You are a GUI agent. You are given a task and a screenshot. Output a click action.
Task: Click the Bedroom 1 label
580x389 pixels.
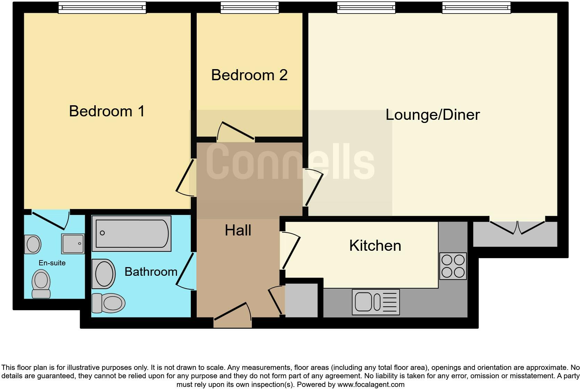click(x=107, y=111)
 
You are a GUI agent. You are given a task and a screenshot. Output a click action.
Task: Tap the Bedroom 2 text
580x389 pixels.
click(x=249, y=75)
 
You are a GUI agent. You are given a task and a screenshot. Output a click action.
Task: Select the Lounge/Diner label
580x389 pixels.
click(x=433, y=115)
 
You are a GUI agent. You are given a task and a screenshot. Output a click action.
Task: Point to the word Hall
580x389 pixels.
click(x=238, y=230)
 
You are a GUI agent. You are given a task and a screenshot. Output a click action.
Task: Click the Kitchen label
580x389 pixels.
click(x=375, y=246)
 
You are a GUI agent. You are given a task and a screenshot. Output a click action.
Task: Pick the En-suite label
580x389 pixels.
click(x=52, y=263)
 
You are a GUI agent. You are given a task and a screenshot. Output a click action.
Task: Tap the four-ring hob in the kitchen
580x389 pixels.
click(x=453, y=266)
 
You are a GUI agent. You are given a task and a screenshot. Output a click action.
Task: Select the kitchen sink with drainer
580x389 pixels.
click(x=376, y=302)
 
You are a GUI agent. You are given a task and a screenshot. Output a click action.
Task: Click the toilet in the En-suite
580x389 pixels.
click(x=41, y=284)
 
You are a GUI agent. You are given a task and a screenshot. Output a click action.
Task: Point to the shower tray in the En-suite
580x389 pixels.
click(x=73, y=243)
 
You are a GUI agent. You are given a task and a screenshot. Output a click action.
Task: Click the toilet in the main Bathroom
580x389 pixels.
click(x=109, y=303)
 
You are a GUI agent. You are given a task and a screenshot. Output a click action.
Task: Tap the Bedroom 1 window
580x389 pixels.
click(x=102, y=7)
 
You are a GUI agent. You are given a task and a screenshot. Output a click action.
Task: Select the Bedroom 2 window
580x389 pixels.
click(x=249, y=7)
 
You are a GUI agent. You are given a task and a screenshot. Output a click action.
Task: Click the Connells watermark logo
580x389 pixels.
click(x=290, y=162)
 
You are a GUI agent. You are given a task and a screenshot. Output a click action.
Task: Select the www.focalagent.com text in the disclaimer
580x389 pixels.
click(x=371, y=384)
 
